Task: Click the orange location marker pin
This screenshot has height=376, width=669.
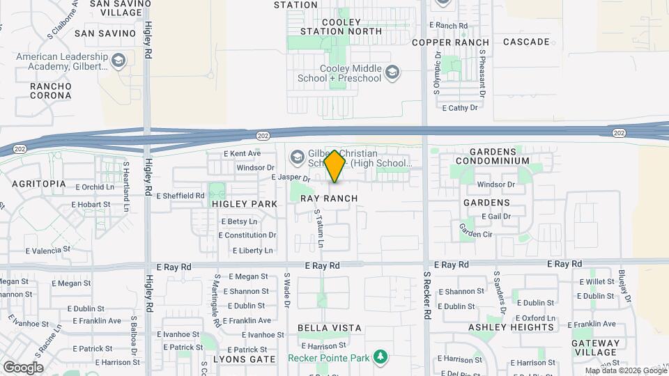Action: point(335,166)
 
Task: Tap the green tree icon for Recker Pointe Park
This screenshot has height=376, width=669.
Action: point(380,358)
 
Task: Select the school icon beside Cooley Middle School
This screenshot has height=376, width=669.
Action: point(392,72)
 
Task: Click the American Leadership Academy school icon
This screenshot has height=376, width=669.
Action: point(118,61)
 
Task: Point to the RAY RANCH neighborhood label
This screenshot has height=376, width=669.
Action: point(329,198)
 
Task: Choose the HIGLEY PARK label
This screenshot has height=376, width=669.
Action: point(245,204)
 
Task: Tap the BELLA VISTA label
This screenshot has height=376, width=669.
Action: point(329,327)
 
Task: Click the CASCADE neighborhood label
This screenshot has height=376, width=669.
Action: point(526,42)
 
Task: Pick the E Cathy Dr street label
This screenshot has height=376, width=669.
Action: point(460,108)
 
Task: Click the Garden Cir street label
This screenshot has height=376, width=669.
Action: point(476,235)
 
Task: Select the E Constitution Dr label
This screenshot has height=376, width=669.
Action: point(248,235)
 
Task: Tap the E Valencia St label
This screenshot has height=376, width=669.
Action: point(48,249)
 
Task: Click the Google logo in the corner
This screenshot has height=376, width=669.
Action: point(22,367)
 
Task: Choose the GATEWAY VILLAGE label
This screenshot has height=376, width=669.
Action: point(595,348)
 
